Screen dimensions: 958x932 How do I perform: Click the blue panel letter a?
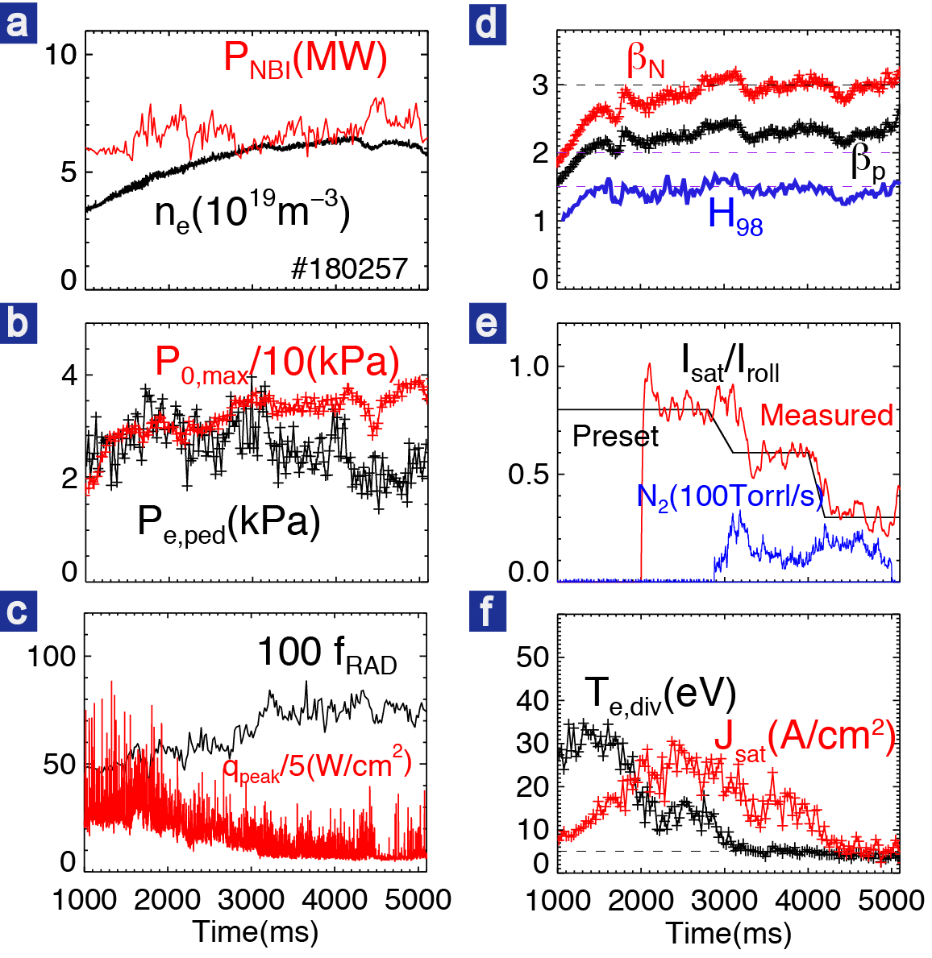[x=18, y=22]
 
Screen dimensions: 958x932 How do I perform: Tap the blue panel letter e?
[x=486, y=323]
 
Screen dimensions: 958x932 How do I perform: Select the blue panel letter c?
[x=18, y=612]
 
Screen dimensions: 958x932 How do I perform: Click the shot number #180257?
[x=349, y=268]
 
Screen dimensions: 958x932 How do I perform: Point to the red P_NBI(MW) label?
[x=306, y=60]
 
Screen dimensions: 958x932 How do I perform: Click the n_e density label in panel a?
[x=252, y=214]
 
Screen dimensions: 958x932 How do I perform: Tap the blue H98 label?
[x=735, y=217]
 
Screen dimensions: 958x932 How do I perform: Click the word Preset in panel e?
[x=615, y=437]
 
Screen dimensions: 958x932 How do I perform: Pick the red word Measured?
[x=826, y=415]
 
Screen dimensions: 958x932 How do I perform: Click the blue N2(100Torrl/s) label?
[x=730, y=496]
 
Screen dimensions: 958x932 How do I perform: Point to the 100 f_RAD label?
[x=327, y=653]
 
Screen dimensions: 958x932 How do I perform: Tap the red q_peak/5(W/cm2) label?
[x=317, y=766]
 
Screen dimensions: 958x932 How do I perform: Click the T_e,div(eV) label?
[x=659, y=695]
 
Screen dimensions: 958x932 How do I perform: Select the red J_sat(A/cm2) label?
[x=805, y=739]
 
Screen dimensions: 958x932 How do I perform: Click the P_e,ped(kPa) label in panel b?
[x=229, y=524]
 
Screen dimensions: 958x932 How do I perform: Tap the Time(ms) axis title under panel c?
[x=256, y=931]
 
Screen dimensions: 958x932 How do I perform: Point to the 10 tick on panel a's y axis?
[x=60, y=55]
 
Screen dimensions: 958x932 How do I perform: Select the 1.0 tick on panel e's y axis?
[x=529, y=366]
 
